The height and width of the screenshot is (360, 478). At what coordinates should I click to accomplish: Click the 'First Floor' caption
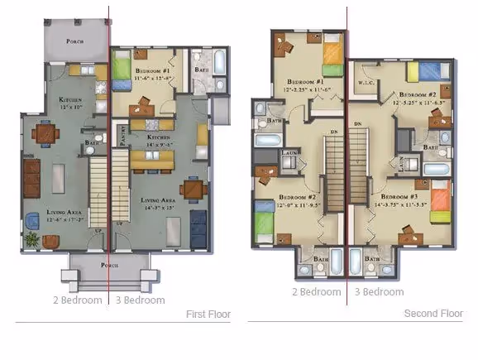208,314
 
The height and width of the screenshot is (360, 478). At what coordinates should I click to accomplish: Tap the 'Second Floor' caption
433,314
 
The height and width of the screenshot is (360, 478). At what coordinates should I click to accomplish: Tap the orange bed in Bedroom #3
439,201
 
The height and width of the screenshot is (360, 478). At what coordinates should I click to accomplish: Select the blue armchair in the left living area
32,219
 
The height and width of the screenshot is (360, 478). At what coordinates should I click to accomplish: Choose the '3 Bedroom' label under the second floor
379,291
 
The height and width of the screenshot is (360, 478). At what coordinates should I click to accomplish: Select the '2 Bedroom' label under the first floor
77,300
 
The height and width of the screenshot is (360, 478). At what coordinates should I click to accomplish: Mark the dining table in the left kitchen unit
44,132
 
